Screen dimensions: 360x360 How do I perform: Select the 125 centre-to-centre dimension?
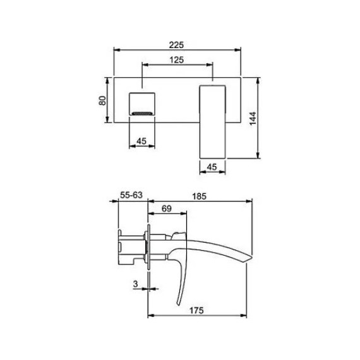click(x=176, y=59)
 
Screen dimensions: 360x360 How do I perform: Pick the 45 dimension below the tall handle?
click(x=212, y=167)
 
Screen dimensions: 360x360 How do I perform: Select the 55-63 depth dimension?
click(x=132, y=196)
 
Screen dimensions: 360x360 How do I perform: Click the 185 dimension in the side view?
click(x=198, y=196)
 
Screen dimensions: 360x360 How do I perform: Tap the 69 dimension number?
click(x=167, y=208)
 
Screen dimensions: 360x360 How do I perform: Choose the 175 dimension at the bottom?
click(x=197, y=310)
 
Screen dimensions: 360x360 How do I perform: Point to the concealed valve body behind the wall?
click(x=131, y=247)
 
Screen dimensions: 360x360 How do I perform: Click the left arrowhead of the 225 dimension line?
click(x=115, y=50)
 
